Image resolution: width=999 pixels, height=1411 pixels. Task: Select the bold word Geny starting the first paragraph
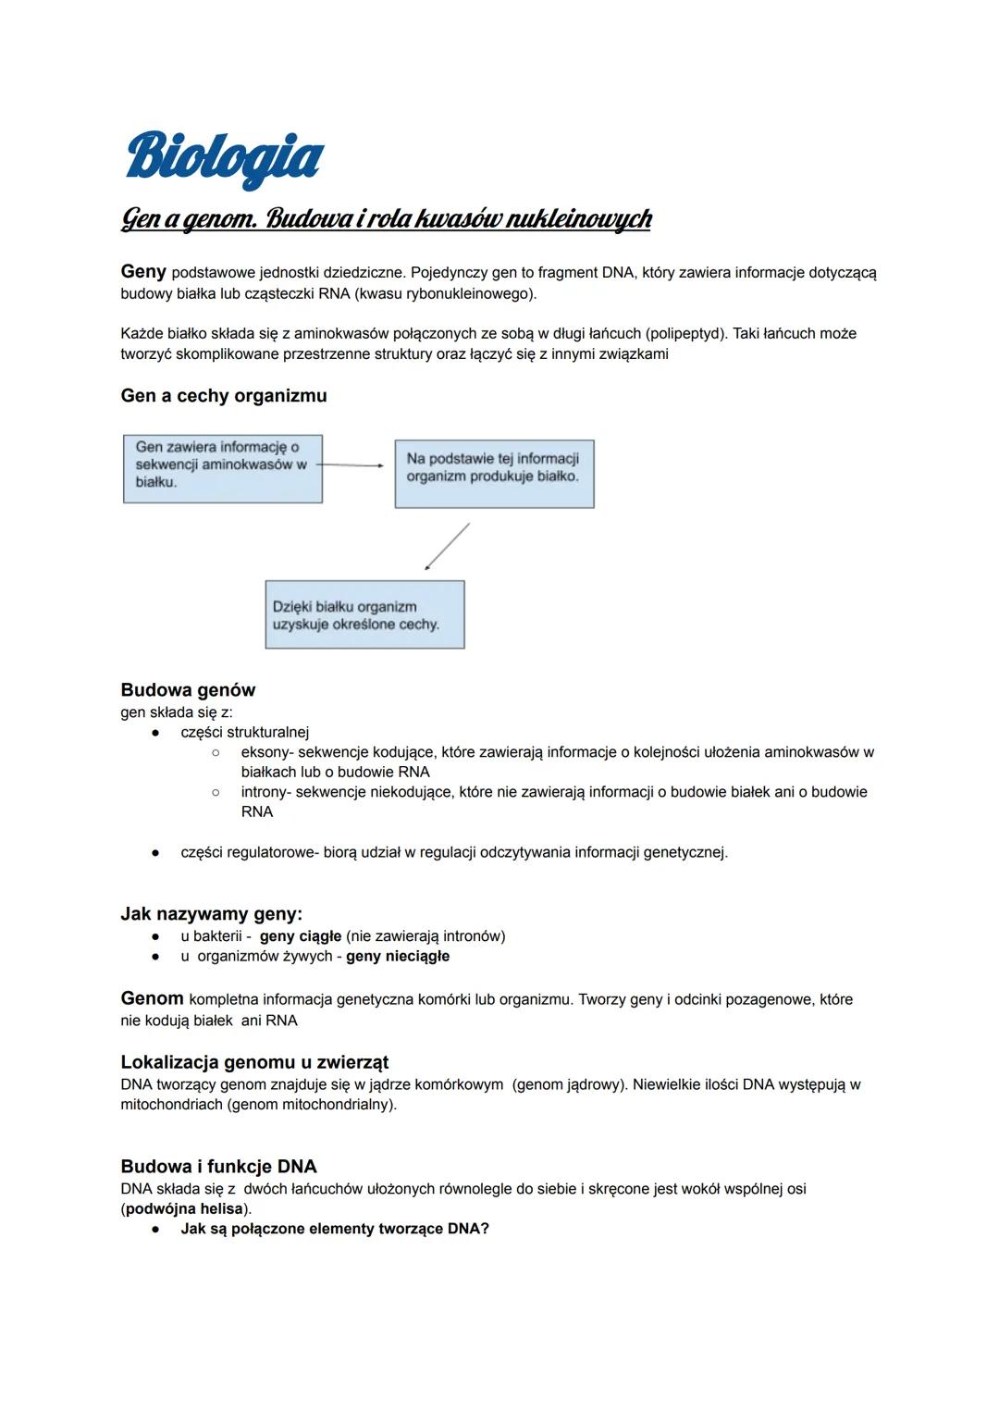pos(143,271)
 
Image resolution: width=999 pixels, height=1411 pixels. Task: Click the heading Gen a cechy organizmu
pos(224,396)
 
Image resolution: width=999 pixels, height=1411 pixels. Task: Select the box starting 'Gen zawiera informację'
pos(223,468)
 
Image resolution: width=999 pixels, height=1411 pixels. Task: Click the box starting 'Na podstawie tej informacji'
pos(494,473)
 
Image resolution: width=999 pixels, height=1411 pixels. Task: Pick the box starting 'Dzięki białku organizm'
pos(364,614)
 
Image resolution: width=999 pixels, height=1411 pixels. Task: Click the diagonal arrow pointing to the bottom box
pos(447,546)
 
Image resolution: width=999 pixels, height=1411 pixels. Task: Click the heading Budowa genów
pos(188,690)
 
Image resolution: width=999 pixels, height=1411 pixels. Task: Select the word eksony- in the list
pos(267,752)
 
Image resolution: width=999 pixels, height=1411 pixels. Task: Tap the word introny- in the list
pos(266,792)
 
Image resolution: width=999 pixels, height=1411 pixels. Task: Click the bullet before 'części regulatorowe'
pos(157,852)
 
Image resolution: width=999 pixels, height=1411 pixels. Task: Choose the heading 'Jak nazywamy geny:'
pos(212,914)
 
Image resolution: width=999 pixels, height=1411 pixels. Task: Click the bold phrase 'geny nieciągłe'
pos(398,956)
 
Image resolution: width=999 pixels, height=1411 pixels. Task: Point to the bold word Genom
pos(152,998)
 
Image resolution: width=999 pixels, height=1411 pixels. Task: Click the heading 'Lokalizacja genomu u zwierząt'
pos(254,1062)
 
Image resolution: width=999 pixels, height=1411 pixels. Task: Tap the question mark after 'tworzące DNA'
pos(485,1229)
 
